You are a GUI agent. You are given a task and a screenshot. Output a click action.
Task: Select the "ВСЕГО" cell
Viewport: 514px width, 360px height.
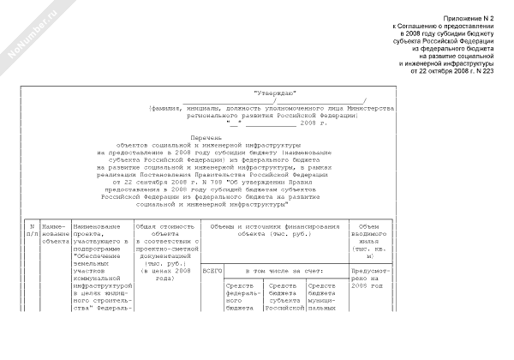click(x=212, y=269)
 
